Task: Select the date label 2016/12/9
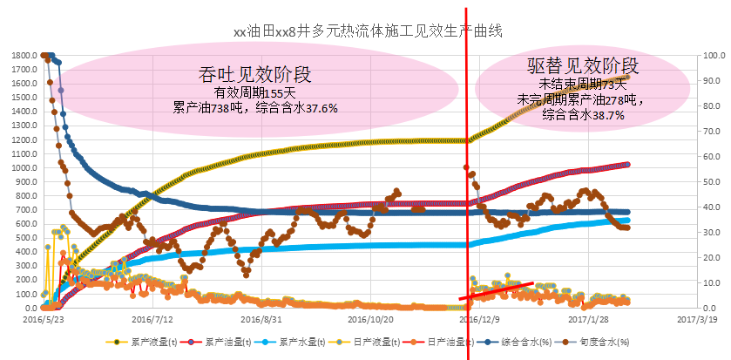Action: tap(481, 320)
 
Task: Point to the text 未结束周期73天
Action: tap(583, 84)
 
